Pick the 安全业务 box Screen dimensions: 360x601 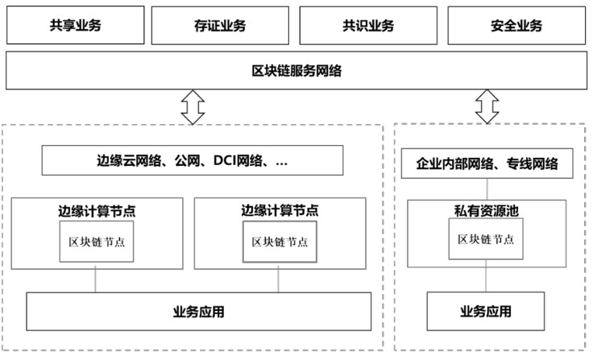(x=516, y=25)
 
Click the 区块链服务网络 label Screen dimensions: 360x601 (x=296, y=71)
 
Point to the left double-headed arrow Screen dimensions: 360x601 (x=193, y=107)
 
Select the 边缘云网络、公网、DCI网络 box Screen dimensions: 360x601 (x=192, y=161)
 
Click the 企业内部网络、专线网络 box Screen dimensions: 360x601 (x=487, y=164)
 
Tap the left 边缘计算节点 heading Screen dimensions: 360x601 (x=97, y=211)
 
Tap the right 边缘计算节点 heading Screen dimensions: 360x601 (x=280, y=211)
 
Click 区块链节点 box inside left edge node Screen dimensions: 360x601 (x=97, y=242)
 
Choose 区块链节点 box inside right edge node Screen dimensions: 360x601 (x=280, y=242)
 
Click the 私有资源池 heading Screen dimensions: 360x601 (x=486, y=211)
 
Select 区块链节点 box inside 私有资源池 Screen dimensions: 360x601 (x=486, y=239)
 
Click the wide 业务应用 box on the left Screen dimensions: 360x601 (x=199, y=311)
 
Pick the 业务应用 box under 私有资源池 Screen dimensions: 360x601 (x=486, y=311)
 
